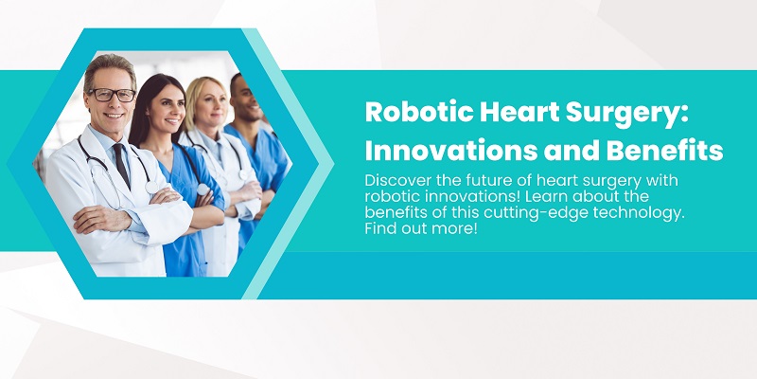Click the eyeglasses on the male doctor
pyautogui.click(x=113, y=94)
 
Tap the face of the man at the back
pyautogui.click(x=248, y=99)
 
